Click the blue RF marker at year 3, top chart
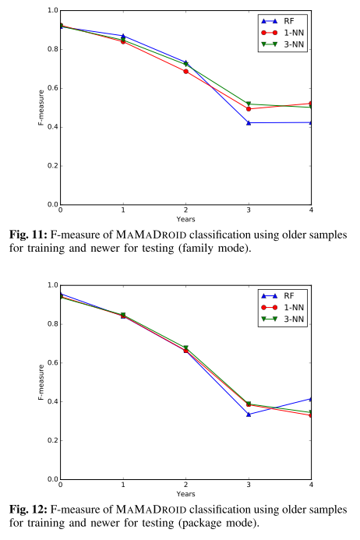(249, 123)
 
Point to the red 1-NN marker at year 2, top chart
(185, 72)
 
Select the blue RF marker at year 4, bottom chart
(311, 399)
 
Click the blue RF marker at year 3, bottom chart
(249, 415)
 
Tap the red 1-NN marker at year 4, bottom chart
(311, 415)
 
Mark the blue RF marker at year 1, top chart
(123, 36)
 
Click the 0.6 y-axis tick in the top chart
(51, 88)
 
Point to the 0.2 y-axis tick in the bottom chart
(51, 441)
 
